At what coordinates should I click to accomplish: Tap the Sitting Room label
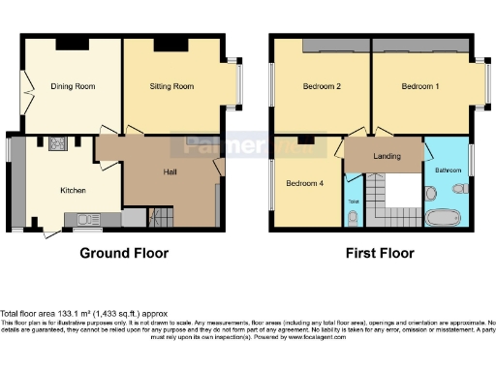point(171,87)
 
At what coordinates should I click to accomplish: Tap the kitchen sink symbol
point(88,219)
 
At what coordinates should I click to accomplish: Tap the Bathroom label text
point(448,170)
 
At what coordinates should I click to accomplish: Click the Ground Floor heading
point(124,254)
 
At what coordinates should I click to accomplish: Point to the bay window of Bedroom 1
point(481,85)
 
